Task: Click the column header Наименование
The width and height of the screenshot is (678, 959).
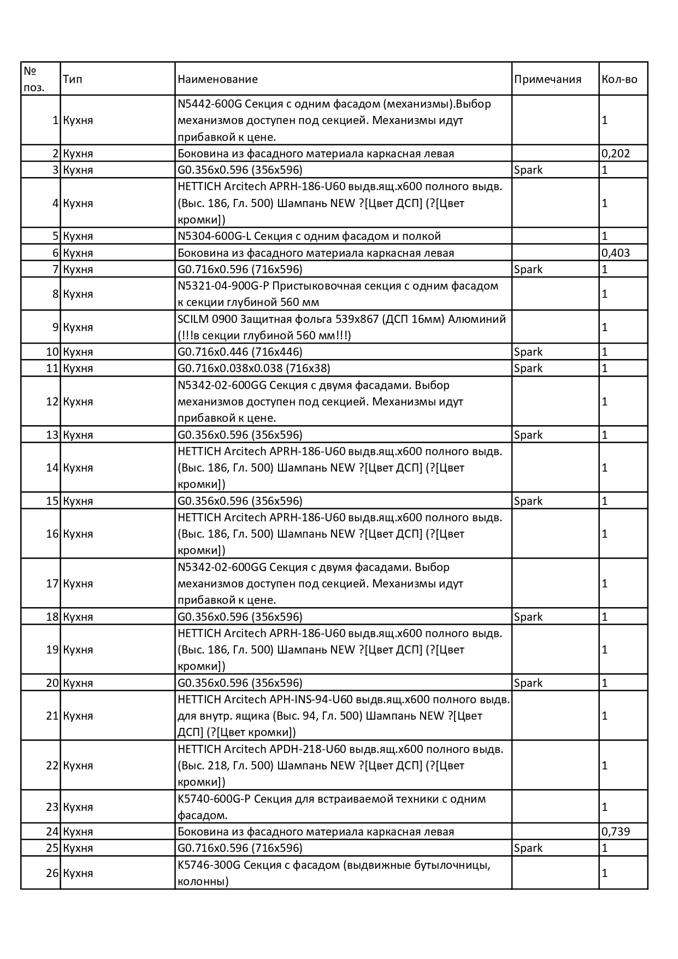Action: [x=217, y=79]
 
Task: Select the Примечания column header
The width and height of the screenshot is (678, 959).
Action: [x=547, y=79]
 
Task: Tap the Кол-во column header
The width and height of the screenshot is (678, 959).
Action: [x=619, y=79]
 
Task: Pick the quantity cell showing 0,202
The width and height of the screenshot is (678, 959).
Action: [x=616, y=154]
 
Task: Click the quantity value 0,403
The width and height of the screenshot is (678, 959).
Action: [x=616, y=253]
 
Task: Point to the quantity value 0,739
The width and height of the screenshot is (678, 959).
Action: [x=616, y=832]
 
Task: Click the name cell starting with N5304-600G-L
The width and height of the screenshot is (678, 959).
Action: [x=309, y=236]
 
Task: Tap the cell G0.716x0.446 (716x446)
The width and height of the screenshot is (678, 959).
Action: [x=240, y=352]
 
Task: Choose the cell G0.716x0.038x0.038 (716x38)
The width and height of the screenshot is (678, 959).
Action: [x=254, y=368]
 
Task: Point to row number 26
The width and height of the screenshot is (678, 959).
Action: [x=52, y=873]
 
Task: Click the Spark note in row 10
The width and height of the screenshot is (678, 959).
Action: [x=528, y=352]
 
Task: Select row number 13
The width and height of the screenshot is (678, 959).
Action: [x=52, y=435]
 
